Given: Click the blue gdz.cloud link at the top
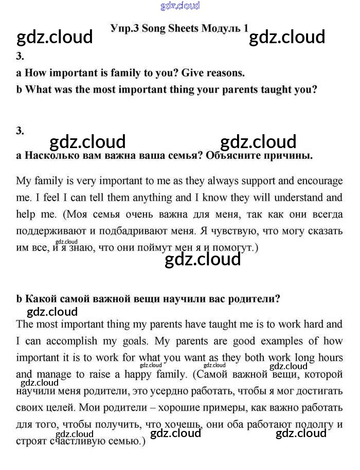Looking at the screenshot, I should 180,6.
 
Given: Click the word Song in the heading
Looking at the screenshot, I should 154,28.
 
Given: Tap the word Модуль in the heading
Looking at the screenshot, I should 222,28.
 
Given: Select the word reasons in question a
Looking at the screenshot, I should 224,73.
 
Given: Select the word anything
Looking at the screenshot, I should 152,197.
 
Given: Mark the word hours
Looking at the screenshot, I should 330,357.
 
